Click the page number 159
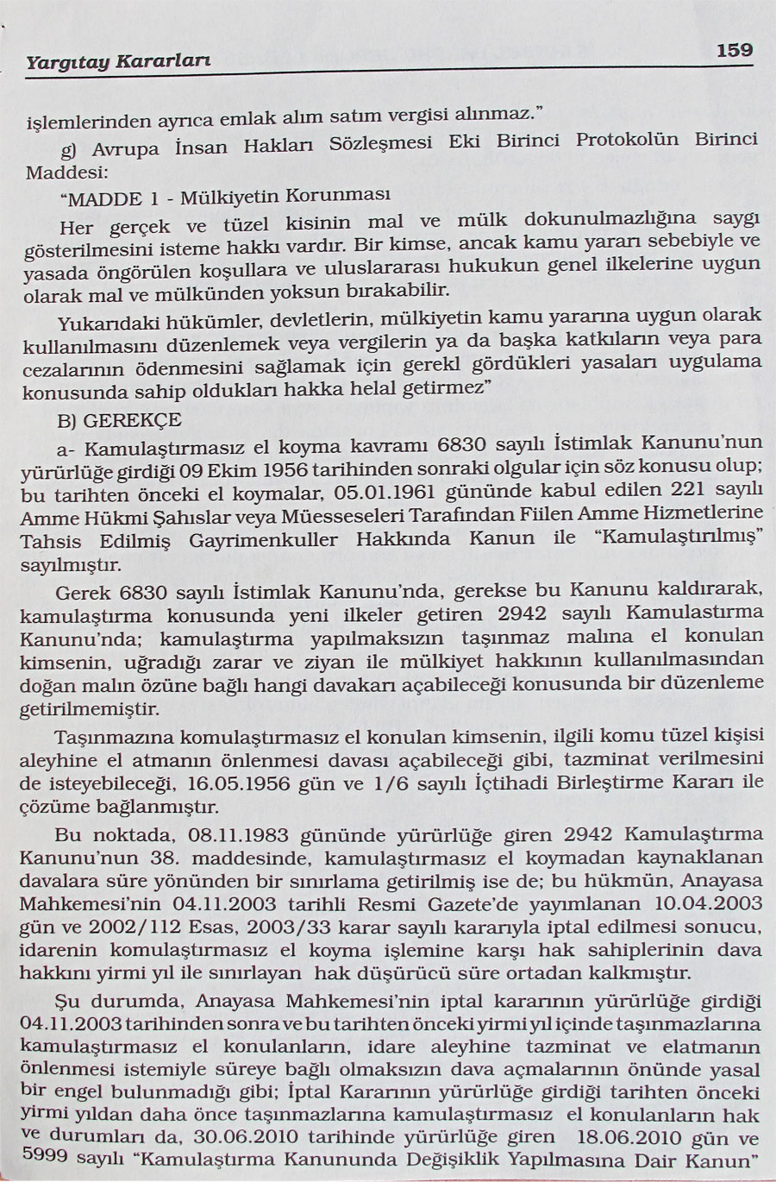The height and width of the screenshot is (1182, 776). pyautogui.click(x=734, y=50)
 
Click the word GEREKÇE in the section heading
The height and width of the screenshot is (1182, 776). pyautogui.click(x=134, y=420)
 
